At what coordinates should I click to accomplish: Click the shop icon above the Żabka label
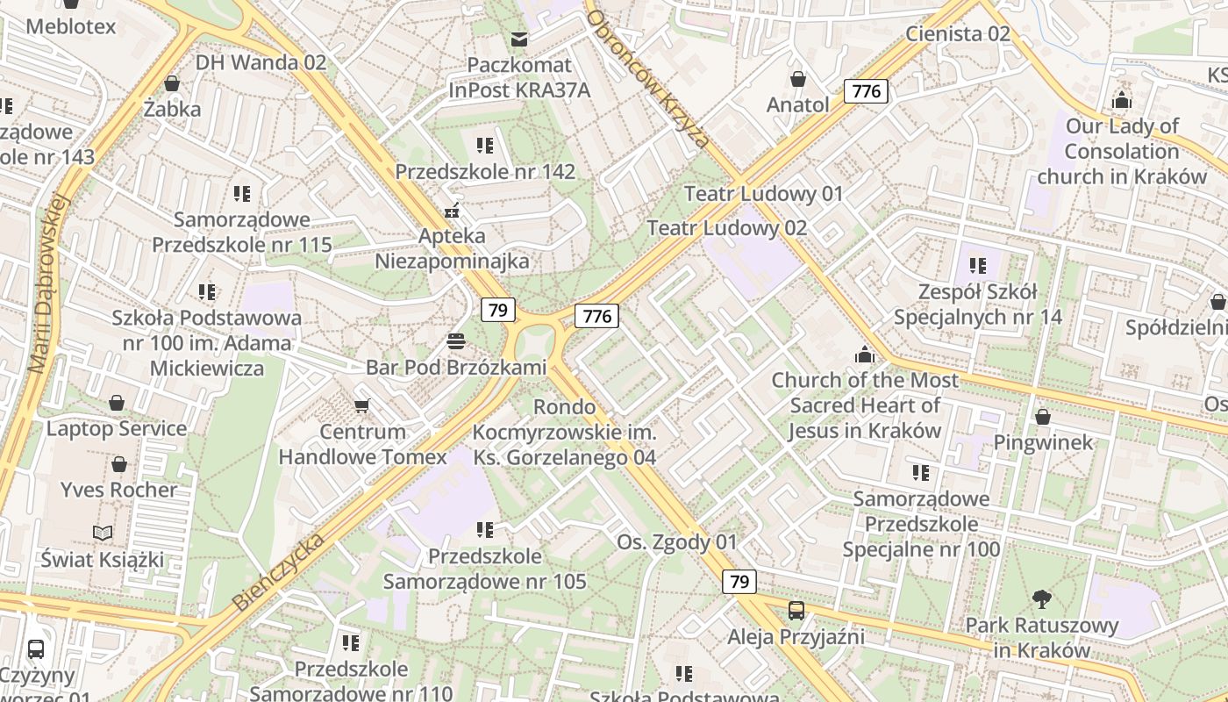(x=172, y=83)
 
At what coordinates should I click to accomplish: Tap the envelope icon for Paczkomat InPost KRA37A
(x=519, y=39)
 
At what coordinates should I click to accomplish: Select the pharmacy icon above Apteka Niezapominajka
(x=453, y=211)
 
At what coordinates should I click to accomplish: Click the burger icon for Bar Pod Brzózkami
(x=454, y=340)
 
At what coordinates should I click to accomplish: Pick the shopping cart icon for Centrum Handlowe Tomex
(x=361, y=405)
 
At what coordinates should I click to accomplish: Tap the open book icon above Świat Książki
(x=103, y=533)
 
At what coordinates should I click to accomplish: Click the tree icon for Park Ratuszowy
(x=1042, y=599)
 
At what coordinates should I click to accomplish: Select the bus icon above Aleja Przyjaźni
(x=796, y=610)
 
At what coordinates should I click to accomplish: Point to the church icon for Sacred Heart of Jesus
(x=865, y=355)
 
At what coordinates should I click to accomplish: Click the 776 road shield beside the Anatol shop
(x=866, y=91)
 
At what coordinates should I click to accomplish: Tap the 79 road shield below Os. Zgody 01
(x=739, y=581)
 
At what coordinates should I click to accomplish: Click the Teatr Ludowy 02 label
(x=726, y=228)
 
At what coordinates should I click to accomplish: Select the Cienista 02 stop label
(x=958, y=34)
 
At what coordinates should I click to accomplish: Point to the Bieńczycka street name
(x=279, y=571)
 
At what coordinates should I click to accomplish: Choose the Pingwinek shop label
(x=1043, y=442)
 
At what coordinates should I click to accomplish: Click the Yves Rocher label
(x=119, y=490)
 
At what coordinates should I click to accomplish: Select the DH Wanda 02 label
(x=261, y=62)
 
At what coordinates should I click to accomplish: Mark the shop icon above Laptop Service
(x=117, y=403)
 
